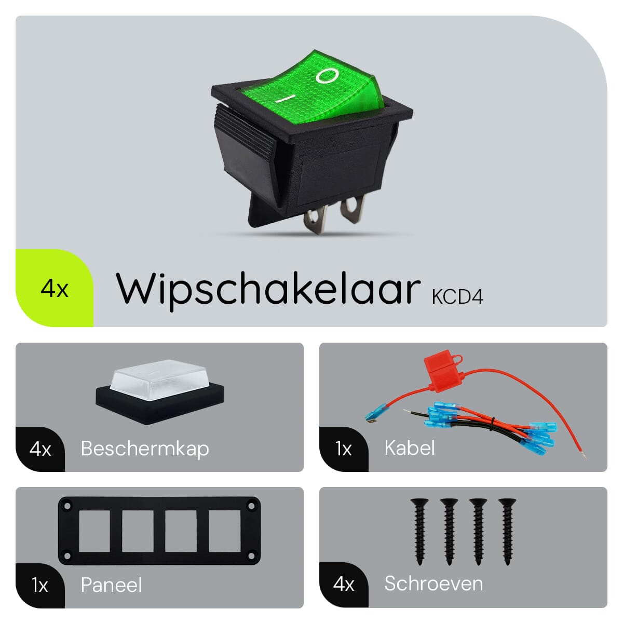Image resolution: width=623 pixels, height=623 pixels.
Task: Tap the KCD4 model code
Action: [457, 297]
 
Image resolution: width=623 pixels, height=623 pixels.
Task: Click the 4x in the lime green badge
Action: [55, 288]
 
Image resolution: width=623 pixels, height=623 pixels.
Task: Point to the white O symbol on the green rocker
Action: [327, 76]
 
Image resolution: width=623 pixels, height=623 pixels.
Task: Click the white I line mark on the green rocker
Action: [285, 98]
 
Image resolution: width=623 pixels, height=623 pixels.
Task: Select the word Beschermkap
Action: [145, 449]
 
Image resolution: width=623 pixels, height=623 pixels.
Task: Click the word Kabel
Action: [410, 448]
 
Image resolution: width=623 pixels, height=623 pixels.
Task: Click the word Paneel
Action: [111, 585]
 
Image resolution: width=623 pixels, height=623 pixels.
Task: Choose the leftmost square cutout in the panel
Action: [94, 531]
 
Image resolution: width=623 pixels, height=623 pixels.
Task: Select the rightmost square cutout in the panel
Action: [224, 531]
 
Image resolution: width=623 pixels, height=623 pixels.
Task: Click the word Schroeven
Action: [434, 584]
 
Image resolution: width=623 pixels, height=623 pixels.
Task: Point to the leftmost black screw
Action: [419, 532]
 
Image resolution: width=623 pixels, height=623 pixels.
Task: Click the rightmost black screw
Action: [507, 532]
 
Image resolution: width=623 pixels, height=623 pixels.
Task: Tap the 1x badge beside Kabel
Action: [343, 449]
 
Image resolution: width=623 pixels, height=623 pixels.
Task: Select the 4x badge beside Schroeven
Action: [343, 584]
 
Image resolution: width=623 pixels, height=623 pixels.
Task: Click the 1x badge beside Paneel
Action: [40, 585]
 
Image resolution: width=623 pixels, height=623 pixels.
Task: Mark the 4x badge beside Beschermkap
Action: [40, 449]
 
